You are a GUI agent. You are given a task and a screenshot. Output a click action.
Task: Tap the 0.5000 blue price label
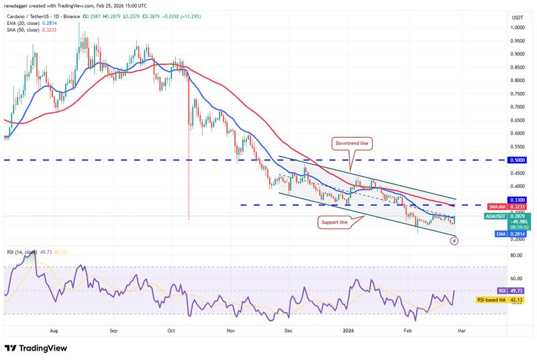click(497, 161)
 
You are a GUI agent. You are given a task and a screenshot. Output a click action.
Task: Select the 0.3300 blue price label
click(497, 200)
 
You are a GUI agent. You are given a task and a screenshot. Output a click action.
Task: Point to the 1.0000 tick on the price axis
click(497, 28)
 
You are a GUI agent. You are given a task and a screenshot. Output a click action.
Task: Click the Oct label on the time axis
click(171, 331)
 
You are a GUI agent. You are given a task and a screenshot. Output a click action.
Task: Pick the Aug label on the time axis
click(54, 331)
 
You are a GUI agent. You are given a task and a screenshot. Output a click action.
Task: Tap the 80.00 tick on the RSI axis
click(497, 256)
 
